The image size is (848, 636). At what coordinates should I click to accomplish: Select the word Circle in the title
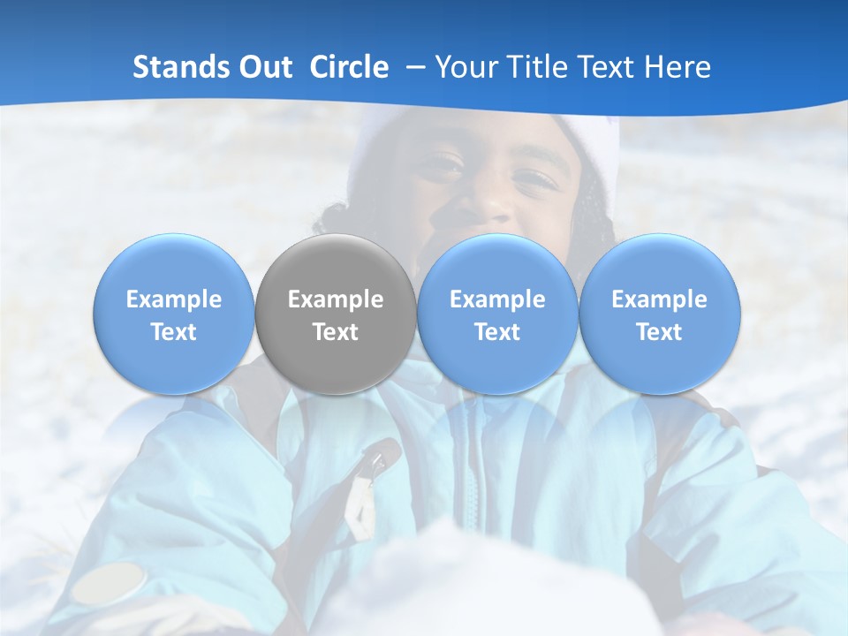coord(349,67)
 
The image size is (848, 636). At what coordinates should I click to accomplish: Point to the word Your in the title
coord(466,67)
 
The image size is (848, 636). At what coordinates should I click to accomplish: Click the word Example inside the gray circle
coord(336,299)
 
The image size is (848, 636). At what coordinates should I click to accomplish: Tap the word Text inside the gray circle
coord(336,332)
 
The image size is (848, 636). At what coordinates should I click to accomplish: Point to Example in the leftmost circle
coord(174,299)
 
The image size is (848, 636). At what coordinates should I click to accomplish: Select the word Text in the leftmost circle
coord(174,332)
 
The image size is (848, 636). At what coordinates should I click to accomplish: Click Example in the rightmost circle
coord(660,299)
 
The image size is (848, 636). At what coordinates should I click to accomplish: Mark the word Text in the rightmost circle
coord(660,332)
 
